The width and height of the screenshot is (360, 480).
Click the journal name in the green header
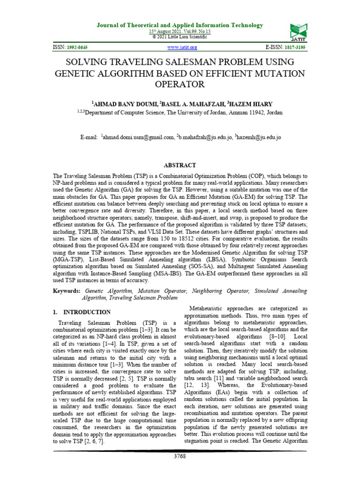coord(180,25)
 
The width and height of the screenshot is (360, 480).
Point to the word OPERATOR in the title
coord(180,85)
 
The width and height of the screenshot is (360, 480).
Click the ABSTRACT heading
coord(180,165)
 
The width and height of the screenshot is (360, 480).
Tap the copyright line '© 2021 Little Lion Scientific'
coord(180,36)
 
